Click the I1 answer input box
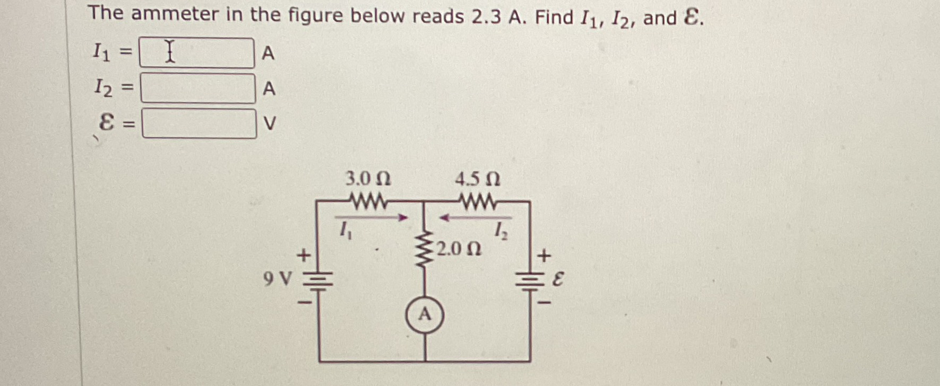[x=196, y=53]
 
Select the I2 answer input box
[x=197, y=88]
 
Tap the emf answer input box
[x=199, y=124]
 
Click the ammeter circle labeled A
[x=425, y=315]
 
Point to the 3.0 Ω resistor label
[x=368, y=179]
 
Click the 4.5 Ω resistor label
[x=477, y=179]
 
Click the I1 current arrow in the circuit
[x=371, y=217]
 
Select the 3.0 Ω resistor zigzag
[x=368, y=201]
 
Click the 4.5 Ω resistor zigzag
[x=478, y=201]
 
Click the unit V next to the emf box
[x=270, y=124]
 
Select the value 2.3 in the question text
[x=485, y=17]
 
